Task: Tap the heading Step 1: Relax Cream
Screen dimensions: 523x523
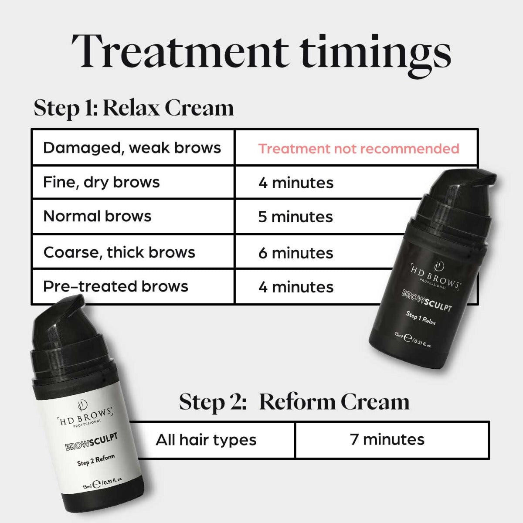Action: point(134,108)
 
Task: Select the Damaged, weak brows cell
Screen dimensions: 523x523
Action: point(132,148)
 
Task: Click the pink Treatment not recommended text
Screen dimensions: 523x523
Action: point(358,149)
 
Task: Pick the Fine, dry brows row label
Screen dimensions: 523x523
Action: point(102,182)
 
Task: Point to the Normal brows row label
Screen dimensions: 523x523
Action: point(97,216)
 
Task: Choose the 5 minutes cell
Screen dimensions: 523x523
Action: point(295,217)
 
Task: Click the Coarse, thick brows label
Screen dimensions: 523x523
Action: point(119,252)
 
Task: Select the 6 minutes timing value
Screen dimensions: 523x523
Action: point(295,253)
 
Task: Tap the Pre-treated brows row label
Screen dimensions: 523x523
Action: point(115,286)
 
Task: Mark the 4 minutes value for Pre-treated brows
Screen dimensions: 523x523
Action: point(295,287)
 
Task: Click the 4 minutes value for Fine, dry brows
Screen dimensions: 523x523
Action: point(295,183)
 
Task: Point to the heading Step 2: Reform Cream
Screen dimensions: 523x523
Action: point(294,402)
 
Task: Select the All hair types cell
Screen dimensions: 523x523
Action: point(206,440)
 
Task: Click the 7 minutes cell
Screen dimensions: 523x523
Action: point(387,439)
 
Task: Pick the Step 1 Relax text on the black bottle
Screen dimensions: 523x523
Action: point(421,318)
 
